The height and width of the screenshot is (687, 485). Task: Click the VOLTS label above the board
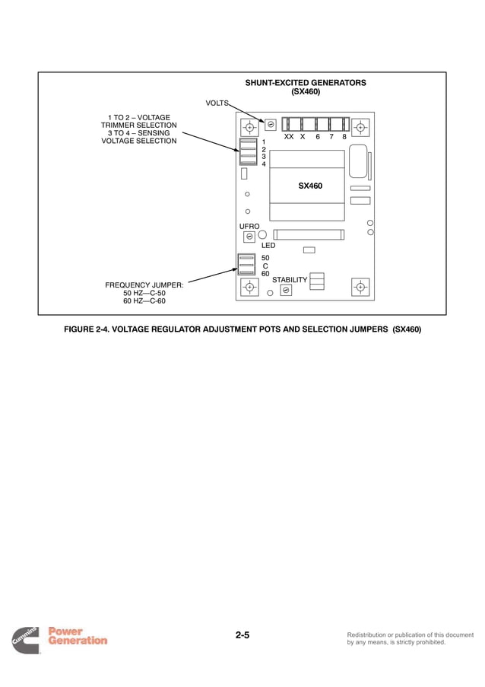point(217,102)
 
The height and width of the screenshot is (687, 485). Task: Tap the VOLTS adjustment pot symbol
point(271,124)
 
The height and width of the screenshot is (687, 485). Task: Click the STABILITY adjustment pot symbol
point(286,290)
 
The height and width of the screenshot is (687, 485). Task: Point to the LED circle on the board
point(262,235)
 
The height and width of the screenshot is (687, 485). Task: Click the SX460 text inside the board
point(309,186)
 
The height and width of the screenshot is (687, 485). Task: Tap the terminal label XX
point(288,137)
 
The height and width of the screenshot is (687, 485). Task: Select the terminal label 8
point(344,137)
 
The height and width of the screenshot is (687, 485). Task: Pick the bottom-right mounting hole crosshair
point(360,287)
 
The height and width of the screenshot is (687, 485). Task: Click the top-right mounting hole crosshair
point(360,126)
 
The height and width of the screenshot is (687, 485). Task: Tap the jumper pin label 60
point(265,274)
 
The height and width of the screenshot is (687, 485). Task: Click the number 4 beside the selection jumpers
point(264,164)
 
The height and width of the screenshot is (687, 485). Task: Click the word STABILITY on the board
point(290,280)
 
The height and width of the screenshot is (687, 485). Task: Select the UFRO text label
point(249,227)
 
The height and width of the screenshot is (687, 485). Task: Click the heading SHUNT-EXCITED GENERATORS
point(306,83)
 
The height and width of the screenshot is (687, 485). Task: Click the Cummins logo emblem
point(26,640)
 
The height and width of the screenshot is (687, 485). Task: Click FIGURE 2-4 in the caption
point(87,329)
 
